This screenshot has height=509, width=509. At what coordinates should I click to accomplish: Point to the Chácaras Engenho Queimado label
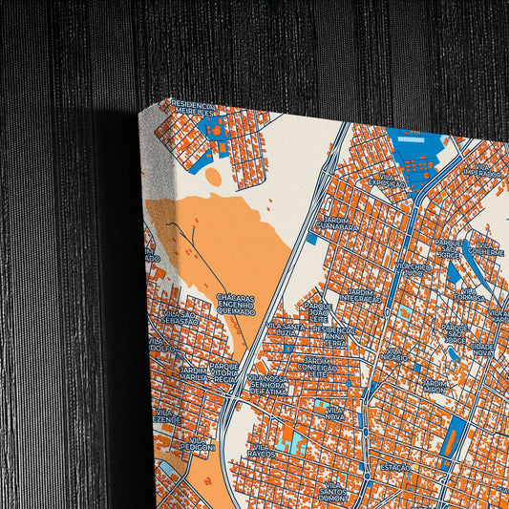coord(235,305)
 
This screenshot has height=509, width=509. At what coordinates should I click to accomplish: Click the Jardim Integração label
coord(363,296)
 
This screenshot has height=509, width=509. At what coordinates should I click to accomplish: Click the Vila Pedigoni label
coord(198,442)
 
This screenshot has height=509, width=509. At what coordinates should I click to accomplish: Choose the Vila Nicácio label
coord(393,355)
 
